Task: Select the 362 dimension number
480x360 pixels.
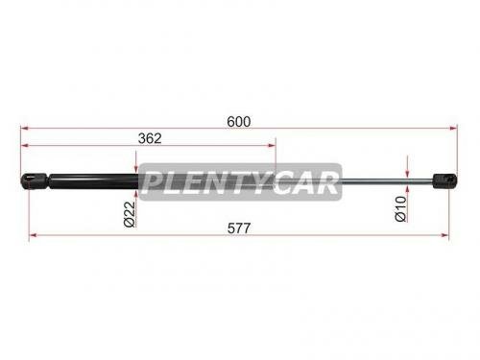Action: (x=149, y=137)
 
